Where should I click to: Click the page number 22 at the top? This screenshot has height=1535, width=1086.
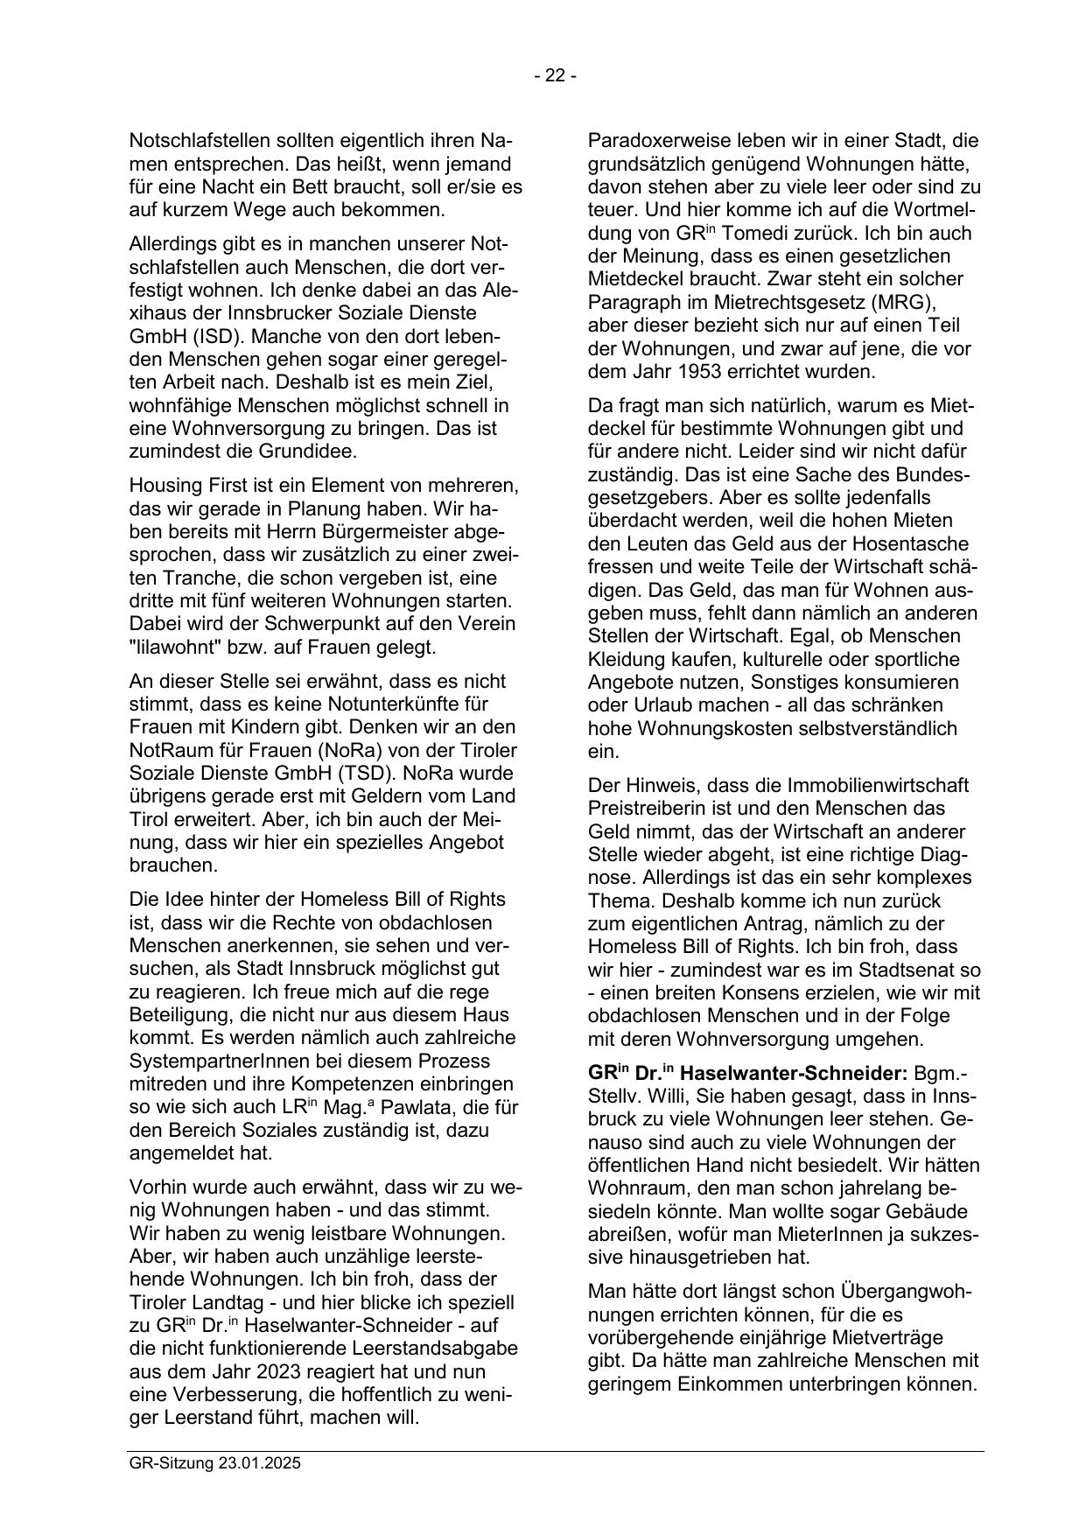(555, 76)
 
